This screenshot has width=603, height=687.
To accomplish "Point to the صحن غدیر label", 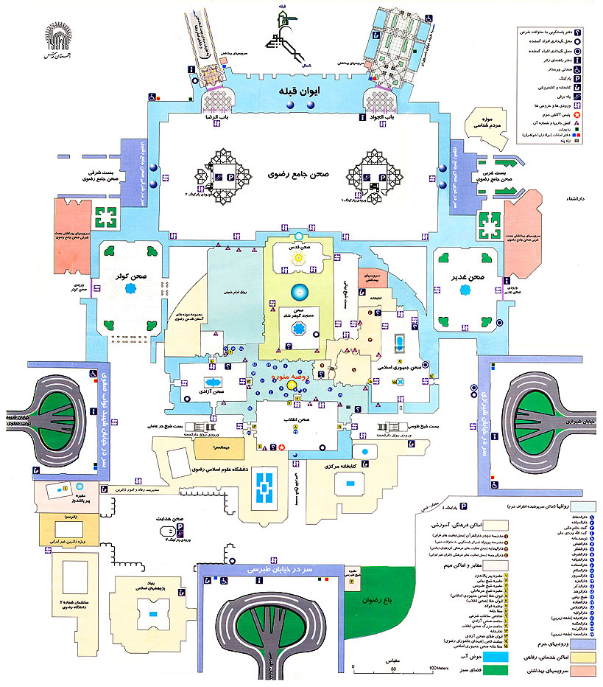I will click(x=468, y=276).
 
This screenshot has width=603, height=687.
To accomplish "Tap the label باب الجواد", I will click(x=377, y=117).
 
